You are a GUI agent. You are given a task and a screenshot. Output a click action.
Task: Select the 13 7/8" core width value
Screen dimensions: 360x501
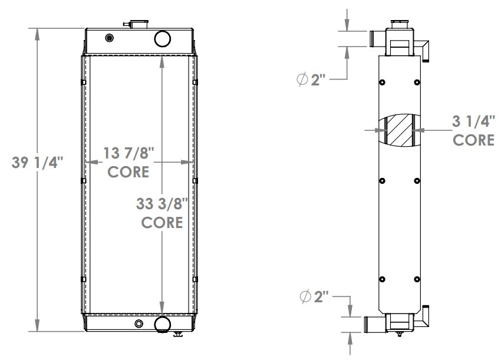128,154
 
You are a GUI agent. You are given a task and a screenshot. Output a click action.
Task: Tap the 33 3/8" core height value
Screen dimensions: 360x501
161,205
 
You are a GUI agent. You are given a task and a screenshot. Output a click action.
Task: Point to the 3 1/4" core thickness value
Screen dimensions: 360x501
473,122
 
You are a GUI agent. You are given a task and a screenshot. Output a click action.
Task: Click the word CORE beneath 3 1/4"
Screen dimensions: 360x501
473,140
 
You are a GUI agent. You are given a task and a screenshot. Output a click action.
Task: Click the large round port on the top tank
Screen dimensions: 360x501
162,39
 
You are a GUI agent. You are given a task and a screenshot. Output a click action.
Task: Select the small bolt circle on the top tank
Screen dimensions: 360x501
108,39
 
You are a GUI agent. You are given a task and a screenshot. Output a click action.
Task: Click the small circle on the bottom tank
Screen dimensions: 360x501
139,323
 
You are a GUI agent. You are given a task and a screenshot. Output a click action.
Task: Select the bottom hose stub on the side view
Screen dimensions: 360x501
373,324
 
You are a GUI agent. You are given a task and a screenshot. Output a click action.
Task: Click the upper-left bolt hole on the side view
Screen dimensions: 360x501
382,82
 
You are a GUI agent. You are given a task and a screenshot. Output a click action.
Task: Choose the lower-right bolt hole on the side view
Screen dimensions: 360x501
417,279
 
